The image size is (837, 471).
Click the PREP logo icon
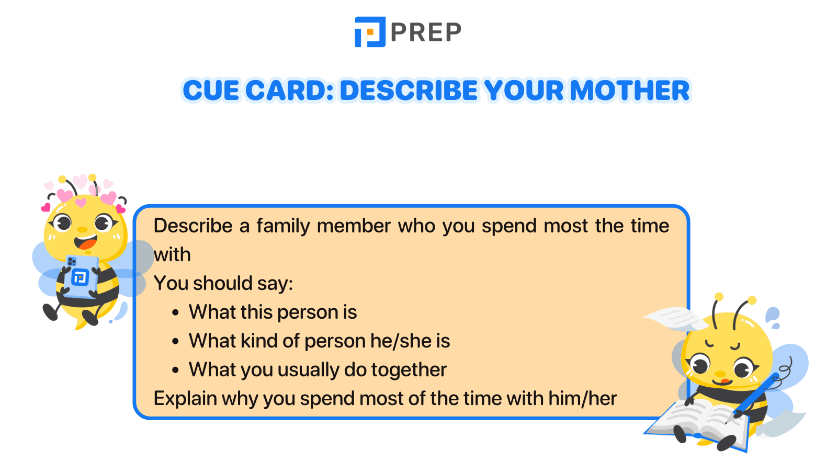370,32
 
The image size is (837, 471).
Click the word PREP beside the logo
426,32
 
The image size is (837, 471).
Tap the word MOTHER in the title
630,91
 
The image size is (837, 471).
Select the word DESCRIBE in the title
409,91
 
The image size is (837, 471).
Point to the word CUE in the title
210,91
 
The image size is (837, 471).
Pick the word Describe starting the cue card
193,226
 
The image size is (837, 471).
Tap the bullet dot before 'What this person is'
176,313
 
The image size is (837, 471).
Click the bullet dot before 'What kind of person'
176,342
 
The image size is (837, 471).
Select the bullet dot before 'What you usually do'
176,371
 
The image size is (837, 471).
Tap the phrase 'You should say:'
223,284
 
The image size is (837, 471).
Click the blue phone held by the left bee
81,275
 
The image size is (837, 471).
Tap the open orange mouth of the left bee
86,243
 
